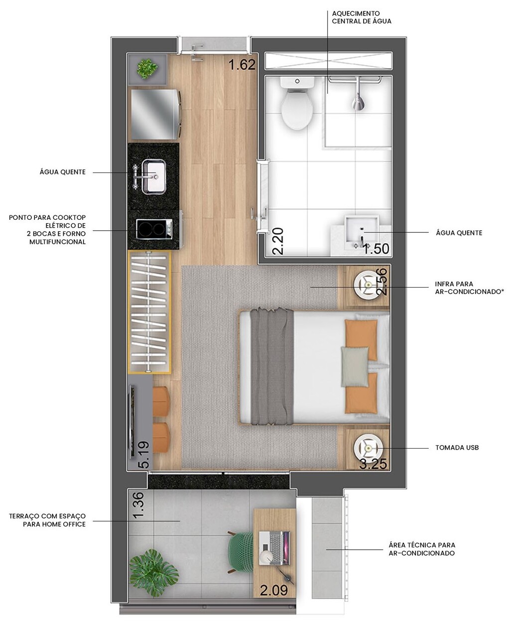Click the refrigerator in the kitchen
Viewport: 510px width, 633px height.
point(154,114)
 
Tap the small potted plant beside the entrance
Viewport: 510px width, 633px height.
point(147,68)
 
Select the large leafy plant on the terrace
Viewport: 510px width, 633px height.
point(153,571)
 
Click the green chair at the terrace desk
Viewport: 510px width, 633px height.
point(242,551)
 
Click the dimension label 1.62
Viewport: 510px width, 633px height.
point(242,65)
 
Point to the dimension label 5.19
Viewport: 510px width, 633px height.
point(143,454)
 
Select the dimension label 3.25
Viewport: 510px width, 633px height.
point(373,465)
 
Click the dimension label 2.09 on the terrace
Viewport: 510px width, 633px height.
point(274,590)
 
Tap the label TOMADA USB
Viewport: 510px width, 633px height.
point(457,448)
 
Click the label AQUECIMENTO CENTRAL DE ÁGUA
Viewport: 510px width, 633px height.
point(362,17)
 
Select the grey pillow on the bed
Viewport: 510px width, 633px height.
point(355,367)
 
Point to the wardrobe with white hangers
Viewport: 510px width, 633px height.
point(149,312)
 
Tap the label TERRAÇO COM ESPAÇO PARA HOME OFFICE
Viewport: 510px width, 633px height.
point(47,520)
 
